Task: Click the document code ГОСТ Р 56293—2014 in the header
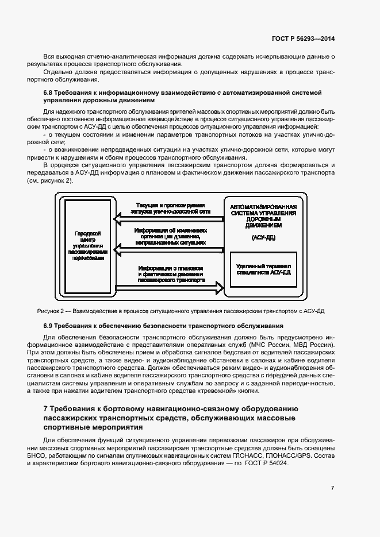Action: coord(303,38)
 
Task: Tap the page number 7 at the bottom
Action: coord(332,488)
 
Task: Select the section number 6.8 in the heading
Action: coord(49,92)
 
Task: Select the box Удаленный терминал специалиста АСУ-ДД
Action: coord(263,269)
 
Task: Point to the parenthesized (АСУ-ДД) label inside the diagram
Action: coord(263,237)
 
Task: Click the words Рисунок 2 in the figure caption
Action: coord(52,311)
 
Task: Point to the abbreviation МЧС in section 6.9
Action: coord(266,345)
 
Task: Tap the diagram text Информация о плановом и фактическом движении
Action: coord(171,275)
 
